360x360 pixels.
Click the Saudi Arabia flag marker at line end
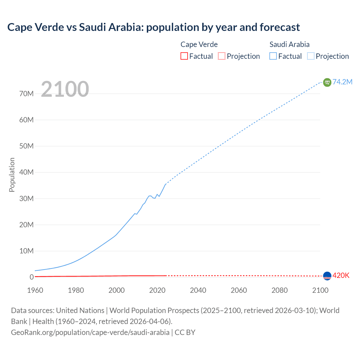[327, 82]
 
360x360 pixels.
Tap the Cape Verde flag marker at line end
[327, 276]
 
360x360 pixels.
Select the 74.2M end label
[342, 82]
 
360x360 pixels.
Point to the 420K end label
[341, 276]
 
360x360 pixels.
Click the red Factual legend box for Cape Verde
[184, 56]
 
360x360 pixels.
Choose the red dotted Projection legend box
[222, 56]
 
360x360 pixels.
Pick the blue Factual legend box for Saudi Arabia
[273, 56]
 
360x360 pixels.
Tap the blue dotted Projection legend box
[311, 56]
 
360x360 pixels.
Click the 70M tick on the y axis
[26, 94]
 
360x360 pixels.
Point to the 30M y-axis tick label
[26, 199]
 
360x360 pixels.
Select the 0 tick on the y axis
[31, 277]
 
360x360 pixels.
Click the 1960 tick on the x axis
[35, 290]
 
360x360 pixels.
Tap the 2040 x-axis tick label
[198, 290]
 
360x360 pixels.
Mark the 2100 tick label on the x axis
[320, 290]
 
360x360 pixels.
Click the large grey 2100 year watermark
[65, 89]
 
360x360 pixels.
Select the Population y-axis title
[12, 175]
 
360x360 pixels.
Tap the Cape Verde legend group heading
[199, 44]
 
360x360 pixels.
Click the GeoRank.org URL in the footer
[90, 332]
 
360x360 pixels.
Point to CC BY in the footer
[185, 332]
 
